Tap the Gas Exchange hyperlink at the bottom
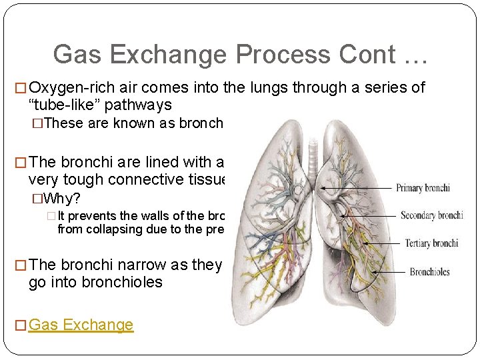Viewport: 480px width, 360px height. pyautogui.click(x=81, y=325)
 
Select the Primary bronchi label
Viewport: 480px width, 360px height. pyautogui.click(x=423, y=188)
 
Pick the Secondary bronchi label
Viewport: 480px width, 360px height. pyautogui.click(x=431, y=215)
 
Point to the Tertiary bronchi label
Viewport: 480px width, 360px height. pyautogui.click(x=431, y=243)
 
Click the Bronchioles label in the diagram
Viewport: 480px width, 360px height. pyautogui.click(x=429, y=271)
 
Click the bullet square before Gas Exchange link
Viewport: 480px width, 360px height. pyautogui.click(x=20, y=325)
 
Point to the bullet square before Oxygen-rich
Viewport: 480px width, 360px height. pyautogui.click(x=20, y=88)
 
